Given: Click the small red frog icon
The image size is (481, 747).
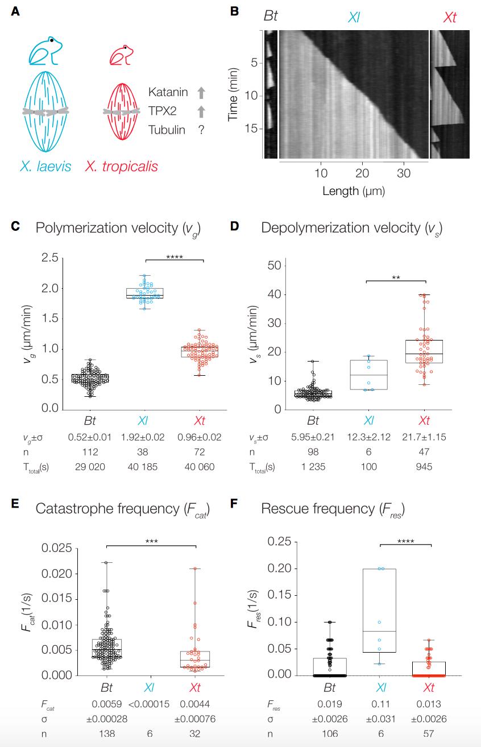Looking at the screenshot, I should pyautogui.click(x=121, y=56).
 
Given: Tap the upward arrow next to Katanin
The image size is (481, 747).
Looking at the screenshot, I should pyautogui.click(x=201, y=92).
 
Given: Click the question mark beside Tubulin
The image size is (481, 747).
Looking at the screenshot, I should pyautogui.click(x=201, y=130).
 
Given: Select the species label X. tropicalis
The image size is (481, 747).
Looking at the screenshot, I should pyautogui.click(x=121, y=167).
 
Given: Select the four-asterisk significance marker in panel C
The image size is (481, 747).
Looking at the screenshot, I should pyautogui.click(x=174, y=256).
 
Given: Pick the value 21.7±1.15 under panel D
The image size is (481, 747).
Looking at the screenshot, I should pyautogui.click(x=424, y=437).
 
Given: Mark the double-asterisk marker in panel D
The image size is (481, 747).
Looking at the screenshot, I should pyautogui.click(x=396, y=277).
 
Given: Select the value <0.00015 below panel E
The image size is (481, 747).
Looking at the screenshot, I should pyautogui.click(x=148, y=703).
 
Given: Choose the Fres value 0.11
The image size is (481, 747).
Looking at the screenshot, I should pyautogui.click(x=380, y=703).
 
